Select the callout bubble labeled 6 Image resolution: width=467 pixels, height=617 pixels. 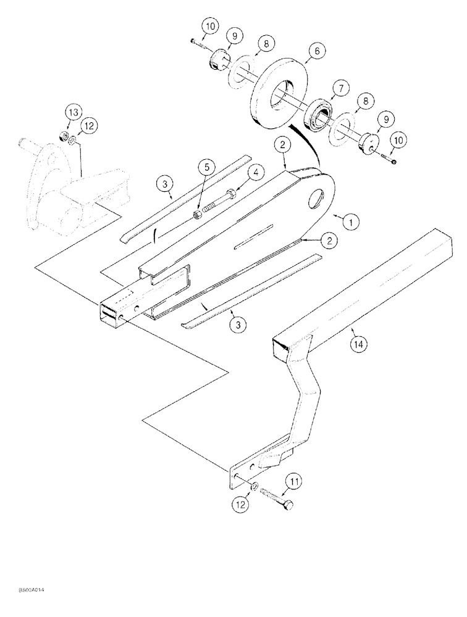coord(316,52)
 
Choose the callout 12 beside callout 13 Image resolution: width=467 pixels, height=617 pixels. coord(88,126)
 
